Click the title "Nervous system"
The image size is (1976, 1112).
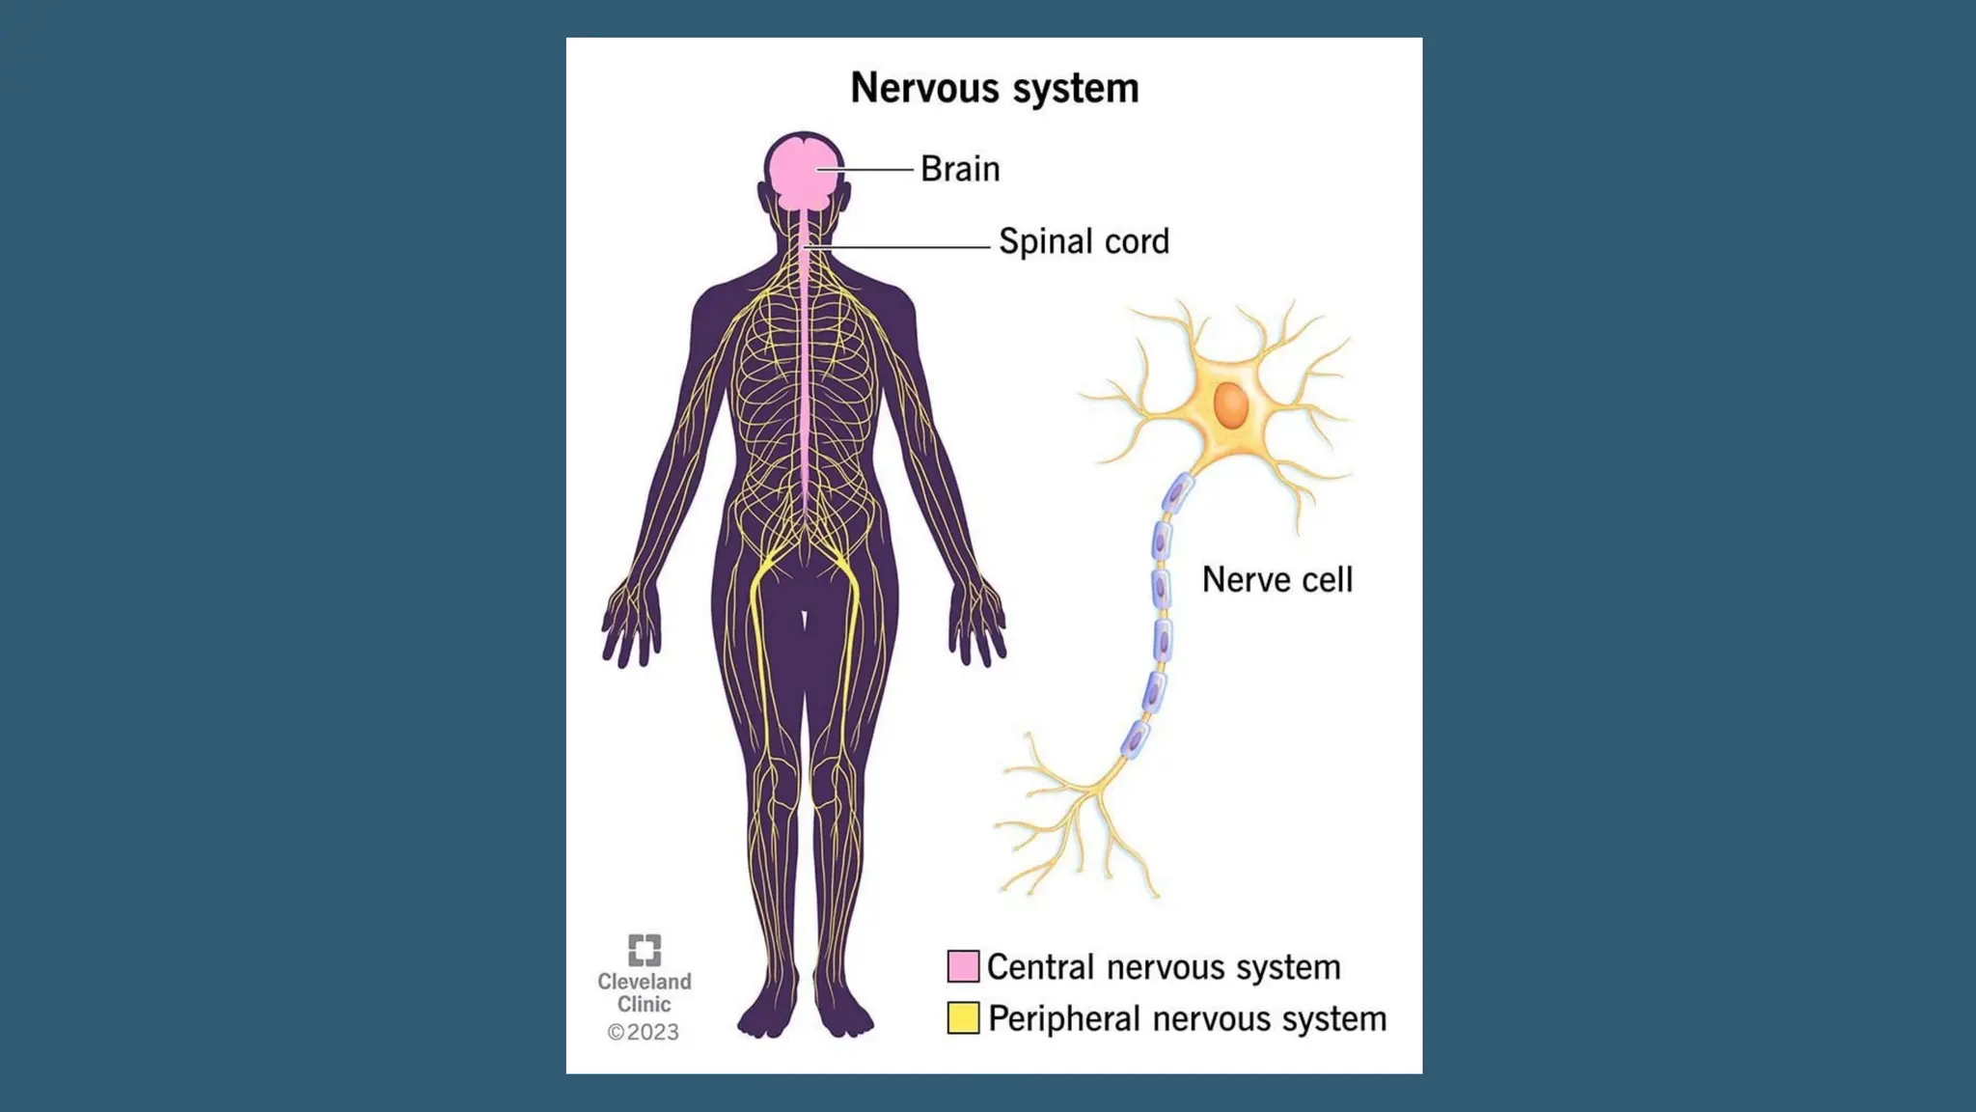point(994,88)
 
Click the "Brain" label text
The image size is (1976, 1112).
point(959,169)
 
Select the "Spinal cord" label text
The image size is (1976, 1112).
point(1083,241)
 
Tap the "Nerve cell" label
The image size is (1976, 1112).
point(1276,580)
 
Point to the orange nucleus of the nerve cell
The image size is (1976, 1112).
point(1230,405)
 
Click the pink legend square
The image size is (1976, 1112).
point(963,966)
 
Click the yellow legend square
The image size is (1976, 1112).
point(963,1017)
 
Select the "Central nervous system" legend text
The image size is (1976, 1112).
point(1163,967)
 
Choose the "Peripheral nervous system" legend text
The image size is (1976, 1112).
point(1187,1019)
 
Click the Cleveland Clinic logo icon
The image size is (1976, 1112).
point(645,950)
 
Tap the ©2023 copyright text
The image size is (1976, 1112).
point(643,1032)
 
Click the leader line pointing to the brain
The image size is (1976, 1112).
point(866,170)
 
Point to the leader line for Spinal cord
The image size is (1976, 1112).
point(897,248)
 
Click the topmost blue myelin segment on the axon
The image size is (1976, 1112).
point(1176,494)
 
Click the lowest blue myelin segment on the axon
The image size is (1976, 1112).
point(1135,739)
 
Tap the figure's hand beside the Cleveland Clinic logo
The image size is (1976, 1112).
point(632,623)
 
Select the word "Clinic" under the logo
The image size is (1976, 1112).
point(644,1005)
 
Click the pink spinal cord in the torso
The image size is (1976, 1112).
point(804,386)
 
